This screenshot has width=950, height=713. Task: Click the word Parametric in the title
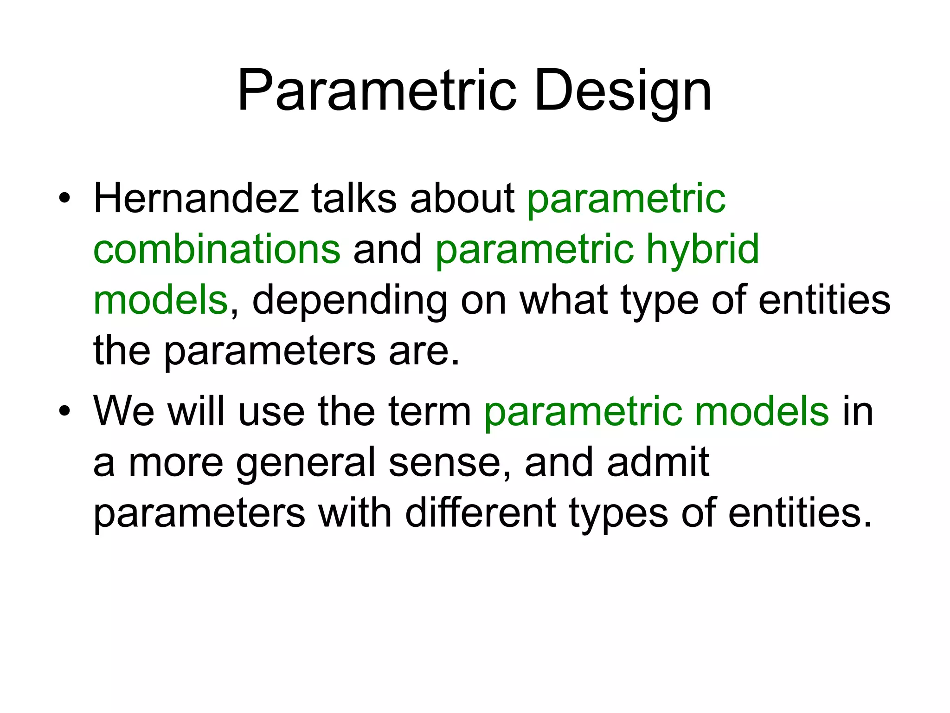(x=376, y=91)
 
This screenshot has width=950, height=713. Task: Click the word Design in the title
(x=623, y=91)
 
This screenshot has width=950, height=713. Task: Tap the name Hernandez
(x=196, y=199)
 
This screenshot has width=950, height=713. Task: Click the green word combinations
(x=217, y=249)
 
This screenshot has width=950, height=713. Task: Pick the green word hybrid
(x=702, y=249)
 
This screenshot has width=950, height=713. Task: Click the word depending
(x=350, y=300)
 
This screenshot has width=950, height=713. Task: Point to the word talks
(x=353, y=199)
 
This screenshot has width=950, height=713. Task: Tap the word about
(x=462, y=199)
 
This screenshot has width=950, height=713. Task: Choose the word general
(x=306, y=462)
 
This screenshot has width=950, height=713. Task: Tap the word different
(x=480, y=513)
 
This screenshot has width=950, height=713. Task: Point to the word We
(x=123, y=411)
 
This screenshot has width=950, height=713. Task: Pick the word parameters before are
(x=270, y=351)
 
